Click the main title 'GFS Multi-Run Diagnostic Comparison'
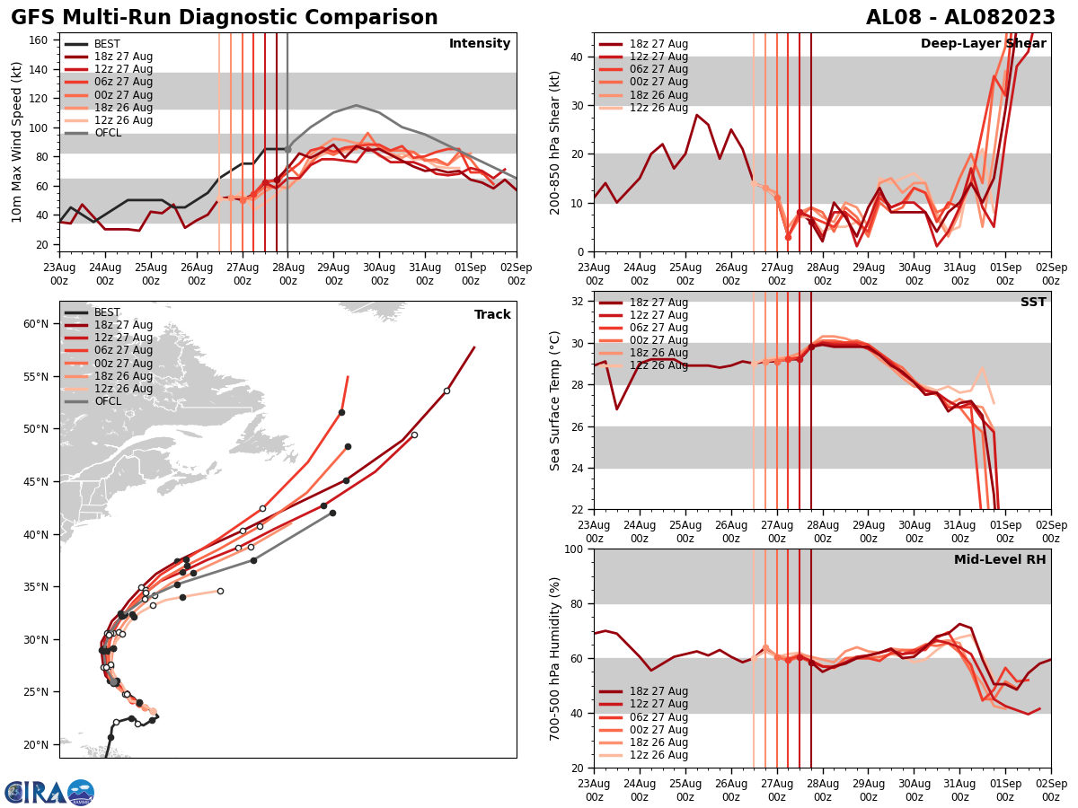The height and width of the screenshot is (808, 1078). tap(224, 18)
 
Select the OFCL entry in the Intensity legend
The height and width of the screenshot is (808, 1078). tap(107, 133)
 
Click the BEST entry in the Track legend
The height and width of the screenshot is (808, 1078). tap(107, 312)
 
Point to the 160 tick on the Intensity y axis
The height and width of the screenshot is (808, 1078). tap(40, 40)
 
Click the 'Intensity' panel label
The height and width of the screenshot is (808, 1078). tap(480, 44)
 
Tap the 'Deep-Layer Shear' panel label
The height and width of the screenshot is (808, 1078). tap(983, 44)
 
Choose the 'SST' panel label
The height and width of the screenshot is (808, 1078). tap(1033, 303)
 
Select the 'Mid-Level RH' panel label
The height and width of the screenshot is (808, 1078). tap(1000, 560)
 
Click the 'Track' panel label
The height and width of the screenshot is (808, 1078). tap(492, 314)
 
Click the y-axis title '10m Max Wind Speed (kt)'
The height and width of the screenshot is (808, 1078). tap(17, 142)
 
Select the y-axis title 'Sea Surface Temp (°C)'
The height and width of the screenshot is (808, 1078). tap(555, 400)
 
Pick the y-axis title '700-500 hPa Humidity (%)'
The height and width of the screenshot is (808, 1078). tap(555, 658)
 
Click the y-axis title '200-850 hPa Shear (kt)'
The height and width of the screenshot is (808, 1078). tap(555, 142)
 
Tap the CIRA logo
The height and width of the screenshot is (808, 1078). tap(49, 792)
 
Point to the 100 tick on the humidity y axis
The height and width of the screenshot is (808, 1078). tap(575, 549)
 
